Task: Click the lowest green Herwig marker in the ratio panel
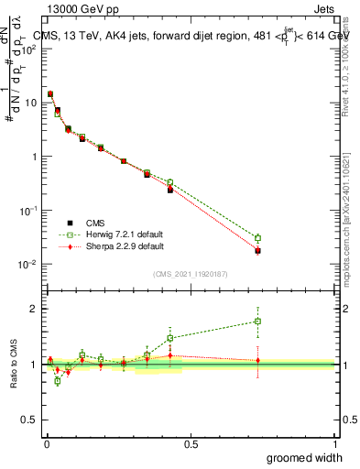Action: pos(58,381)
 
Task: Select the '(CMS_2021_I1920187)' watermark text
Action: pos(191,273)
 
